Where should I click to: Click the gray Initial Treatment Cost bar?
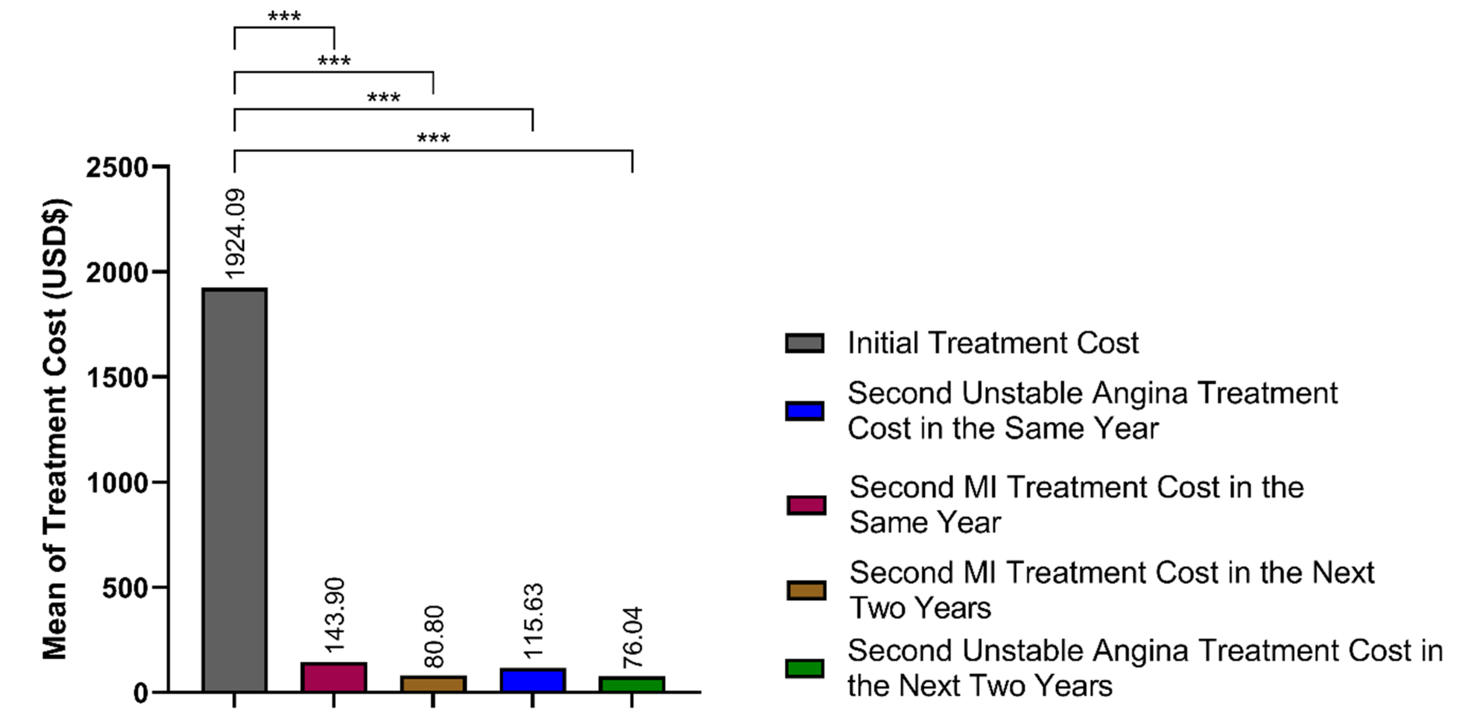pos(234,490)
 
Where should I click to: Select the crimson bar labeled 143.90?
pos(334,677)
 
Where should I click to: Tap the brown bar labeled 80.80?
pos(433,684)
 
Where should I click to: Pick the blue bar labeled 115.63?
pos(533,680)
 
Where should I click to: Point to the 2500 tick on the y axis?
pos(117,168)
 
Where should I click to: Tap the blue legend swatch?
pos(804,411)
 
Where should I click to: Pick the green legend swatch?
pos(804,668)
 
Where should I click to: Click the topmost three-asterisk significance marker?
pos(284,16)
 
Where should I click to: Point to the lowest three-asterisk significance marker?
pos(433,138)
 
